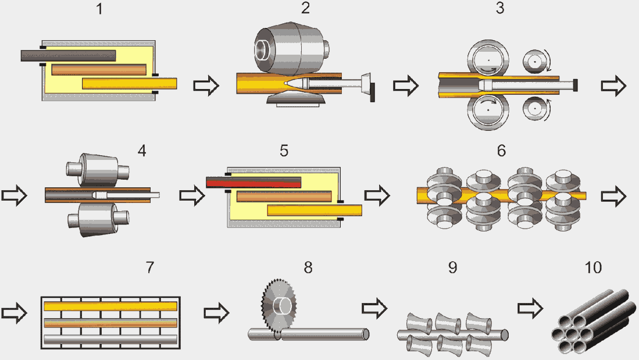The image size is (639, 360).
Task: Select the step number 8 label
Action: pyautogui.click(x=308, y=268)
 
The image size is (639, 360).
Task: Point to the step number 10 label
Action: pyautogui.click(x=594, y=268)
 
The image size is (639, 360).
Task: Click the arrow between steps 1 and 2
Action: pyautogui.click(x=206, y=86)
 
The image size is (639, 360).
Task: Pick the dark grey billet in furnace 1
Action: pyautogui.click(x=69, y=56)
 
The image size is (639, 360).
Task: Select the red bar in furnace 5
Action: pyautogui.click(x=254, y=182)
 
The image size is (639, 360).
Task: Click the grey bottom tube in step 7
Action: pyautogui.click(x=110, y=339)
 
